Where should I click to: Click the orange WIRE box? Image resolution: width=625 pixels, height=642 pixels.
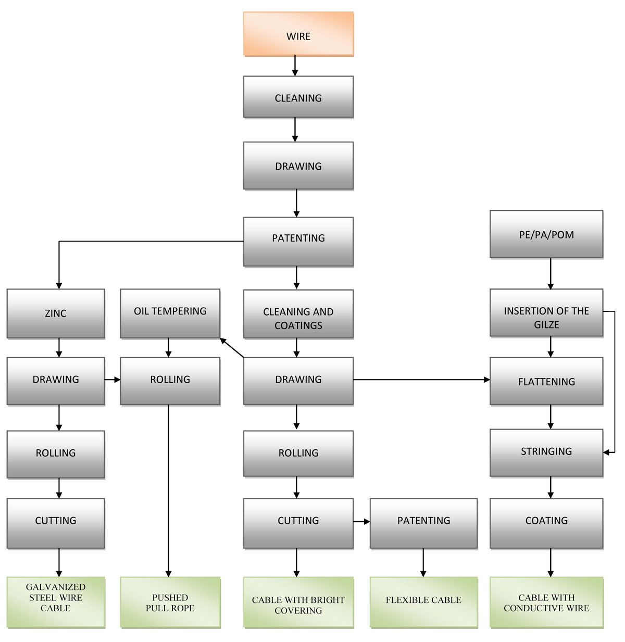tap(298, 34)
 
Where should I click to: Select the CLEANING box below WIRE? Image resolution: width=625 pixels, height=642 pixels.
tap(298, 97)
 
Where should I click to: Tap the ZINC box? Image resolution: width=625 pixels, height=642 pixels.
tap(56, 313)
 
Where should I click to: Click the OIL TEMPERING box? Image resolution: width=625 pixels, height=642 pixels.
tap(170, 313)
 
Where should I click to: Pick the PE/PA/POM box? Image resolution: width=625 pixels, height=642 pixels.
tap(546, 234)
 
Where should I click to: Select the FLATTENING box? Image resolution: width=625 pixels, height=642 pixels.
tap(546, 381)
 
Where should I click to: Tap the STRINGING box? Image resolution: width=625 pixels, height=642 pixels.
tap(546, 452)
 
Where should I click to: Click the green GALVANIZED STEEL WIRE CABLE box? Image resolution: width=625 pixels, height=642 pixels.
tap(56, 601)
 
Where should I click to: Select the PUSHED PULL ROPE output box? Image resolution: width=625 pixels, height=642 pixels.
tap(170, 602)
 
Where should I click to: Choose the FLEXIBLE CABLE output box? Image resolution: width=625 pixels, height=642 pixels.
tap(423, 602)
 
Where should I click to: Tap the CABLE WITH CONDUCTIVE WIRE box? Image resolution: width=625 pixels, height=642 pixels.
tap(546, 602)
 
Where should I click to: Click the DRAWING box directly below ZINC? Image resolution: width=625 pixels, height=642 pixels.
tap(56, 381)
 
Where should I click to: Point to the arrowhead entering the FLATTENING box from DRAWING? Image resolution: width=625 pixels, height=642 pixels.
tap(487, 380)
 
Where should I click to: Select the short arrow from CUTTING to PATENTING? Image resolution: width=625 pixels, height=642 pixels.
tap(361, 521)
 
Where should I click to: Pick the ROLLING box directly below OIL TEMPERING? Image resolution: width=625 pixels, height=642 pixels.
tap(170, 381)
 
